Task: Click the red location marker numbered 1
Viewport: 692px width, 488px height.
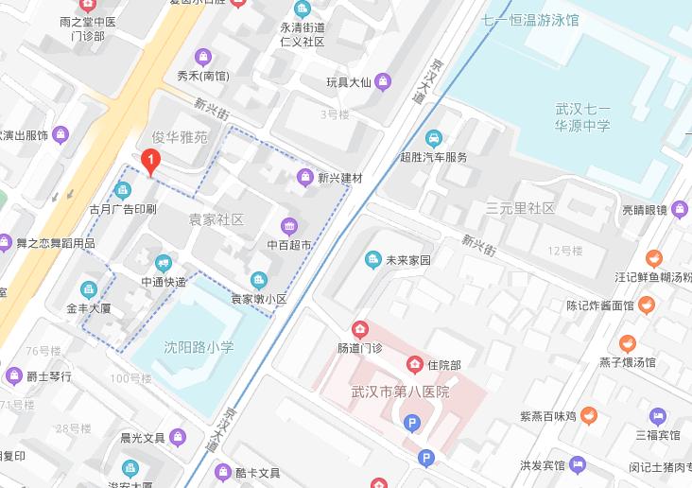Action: (149, 162)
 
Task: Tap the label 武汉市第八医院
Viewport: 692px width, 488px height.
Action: (400, 392)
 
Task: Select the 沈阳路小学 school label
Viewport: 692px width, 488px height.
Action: (199, 348)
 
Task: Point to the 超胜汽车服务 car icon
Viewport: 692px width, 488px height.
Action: (434, 138)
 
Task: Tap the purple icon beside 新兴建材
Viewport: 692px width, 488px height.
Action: (304, 177)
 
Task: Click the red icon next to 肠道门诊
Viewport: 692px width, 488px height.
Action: (360, 329)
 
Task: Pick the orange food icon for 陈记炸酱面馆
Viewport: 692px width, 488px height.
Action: (646, 305)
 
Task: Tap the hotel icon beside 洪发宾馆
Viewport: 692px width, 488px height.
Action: (578, 465)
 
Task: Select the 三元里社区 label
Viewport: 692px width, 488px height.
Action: (520, 208)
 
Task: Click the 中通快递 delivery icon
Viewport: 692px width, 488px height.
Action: (164, 263)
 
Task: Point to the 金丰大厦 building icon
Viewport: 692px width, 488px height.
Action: (89, 289)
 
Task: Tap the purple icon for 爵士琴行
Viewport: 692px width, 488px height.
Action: (13, 375)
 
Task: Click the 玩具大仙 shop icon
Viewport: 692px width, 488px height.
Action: (383, 82)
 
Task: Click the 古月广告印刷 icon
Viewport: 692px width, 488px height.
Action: (123, 190)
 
